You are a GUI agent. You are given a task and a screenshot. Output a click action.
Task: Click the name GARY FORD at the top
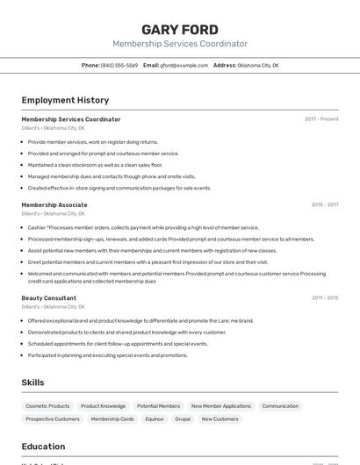click(x=180, y=29)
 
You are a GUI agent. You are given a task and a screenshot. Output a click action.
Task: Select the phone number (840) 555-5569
click(x=119, y=65)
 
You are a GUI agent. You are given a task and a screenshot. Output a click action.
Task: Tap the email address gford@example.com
click(x=184, y=65)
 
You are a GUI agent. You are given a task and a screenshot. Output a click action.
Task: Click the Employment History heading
click(x=65, y=100)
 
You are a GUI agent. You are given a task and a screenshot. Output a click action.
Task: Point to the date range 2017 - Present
click(x=321, y=119)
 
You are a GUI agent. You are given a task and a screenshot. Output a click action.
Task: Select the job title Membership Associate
click(x=54, y=204)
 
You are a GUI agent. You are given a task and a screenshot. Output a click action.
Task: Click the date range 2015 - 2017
click(x=324, y=204)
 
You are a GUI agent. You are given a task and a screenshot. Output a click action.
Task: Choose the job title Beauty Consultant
click(x=49, y=297)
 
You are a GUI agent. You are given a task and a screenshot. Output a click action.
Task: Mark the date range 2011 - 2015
click(x=324, y=297)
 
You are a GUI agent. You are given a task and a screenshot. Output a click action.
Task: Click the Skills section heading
click(x=32, y=383)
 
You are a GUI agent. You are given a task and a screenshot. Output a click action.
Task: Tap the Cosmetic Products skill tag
click(x=47, y=406)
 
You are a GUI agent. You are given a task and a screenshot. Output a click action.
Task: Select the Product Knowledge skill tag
click(x=103, y=406)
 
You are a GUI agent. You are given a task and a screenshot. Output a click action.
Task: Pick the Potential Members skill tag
click(x=158, y=406)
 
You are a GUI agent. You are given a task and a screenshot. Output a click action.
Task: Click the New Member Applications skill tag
click(x=220, y=406)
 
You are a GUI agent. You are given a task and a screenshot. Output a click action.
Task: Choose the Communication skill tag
click(x=280, y=406)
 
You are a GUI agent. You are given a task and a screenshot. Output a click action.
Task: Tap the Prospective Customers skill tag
click(x=53, y=419)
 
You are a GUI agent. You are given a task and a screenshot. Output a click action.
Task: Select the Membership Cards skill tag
click(x=112, y=419)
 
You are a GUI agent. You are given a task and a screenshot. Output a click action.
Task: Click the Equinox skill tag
click(x=155, y=419)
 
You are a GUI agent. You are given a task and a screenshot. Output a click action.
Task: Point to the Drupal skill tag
click(x=182, y=419)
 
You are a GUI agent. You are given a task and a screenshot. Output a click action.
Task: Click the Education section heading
click(x=43, y=447)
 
